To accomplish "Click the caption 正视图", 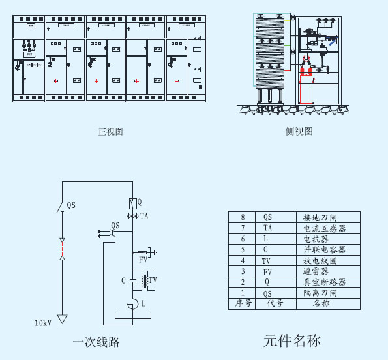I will (110, 132).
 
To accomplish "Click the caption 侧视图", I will (299, 131).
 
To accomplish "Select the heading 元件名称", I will (291, 340).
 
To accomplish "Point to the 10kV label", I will (43, 322).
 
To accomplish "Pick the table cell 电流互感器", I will (324, 228).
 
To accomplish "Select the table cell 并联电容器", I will (324, 250).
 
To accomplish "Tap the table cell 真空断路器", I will (324, 282).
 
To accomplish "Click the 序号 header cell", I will (243, 303).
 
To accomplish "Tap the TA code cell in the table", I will (267, 228).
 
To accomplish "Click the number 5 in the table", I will (243, 250).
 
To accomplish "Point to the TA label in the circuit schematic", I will (144, 216).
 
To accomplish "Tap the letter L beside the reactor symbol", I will (143, 304).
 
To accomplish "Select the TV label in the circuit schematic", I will (153, 281).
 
